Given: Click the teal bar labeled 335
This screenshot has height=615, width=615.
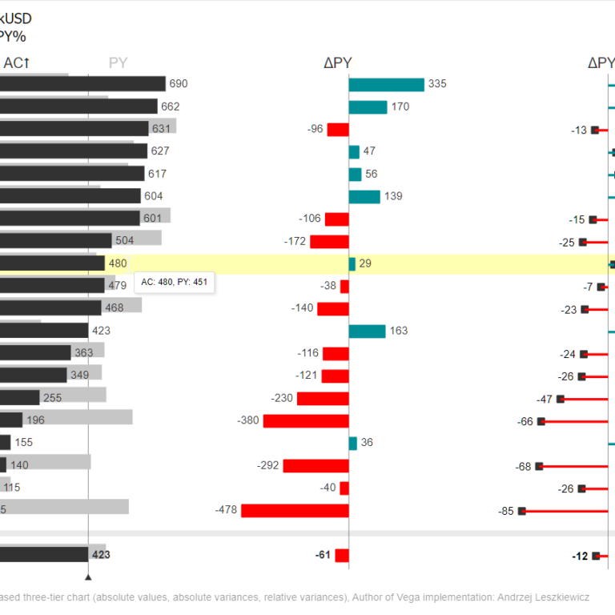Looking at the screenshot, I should tap(386, 85).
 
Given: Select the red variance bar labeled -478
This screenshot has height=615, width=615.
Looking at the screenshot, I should tap(295, 510).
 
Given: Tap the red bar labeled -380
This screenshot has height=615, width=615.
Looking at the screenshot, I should tap(306, 420).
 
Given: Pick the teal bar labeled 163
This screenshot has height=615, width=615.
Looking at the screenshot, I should tap(367, 331).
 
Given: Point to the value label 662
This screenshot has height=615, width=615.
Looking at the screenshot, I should tap(171, 107).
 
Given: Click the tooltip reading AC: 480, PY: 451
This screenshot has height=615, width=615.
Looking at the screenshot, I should tap(175, 283).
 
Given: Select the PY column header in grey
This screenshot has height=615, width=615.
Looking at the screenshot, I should tap(118, 63).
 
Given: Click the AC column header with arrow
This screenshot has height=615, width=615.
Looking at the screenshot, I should tap(17, 63).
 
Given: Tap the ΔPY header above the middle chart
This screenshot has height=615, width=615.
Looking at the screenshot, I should tap(337, 63).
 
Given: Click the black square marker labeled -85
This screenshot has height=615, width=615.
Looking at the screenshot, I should tap(522, 510).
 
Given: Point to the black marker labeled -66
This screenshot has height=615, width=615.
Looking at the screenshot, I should tap(541, 420).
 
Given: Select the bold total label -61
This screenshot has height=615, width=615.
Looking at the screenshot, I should tap(323, 555).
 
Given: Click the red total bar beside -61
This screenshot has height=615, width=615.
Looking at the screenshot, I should tap(342, 555).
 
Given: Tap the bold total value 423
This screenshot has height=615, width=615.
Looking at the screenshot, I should tap(101, 553).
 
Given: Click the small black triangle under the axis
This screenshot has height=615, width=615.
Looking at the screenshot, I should tap(88, 576).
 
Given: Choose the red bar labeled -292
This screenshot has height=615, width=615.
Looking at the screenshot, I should tap(316, 465).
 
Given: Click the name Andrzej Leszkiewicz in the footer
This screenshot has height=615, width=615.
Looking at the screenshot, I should tap(541, 597).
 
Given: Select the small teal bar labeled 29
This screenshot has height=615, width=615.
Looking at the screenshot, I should tap(352, 263).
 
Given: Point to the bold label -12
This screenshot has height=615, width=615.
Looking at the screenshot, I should tap(580, 556).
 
